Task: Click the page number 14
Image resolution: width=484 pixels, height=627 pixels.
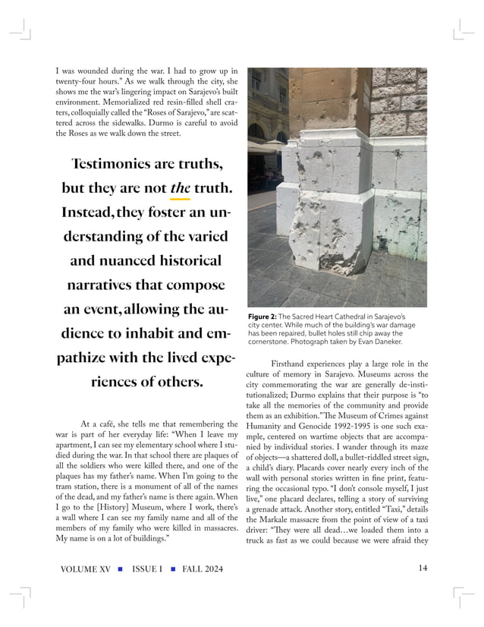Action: tap(423, 569)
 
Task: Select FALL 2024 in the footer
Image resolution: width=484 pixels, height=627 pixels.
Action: tap(198, 569)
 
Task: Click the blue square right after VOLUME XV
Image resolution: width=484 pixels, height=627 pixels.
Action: tap(121, 569)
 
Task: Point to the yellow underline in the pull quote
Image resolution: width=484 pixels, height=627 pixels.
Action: tap(180, 198)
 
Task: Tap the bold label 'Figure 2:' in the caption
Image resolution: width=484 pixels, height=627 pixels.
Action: tap(264, 315)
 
